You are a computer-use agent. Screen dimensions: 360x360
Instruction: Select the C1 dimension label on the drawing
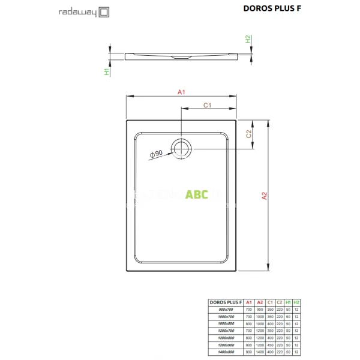click(207, 106)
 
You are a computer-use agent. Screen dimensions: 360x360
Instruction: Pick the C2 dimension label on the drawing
click(248, 134)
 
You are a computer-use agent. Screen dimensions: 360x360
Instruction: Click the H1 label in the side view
click(106, 71)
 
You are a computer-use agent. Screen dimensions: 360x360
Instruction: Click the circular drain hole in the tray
click(181, 147)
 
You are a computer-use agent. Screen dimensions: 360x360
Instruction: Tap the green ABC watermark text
click(196, 194)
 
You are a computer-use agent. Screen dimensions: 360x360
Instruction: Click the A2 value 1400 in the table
click(260, 352)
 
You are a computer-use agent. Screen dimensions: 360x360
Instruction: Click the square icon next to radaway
click(103, 11)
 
